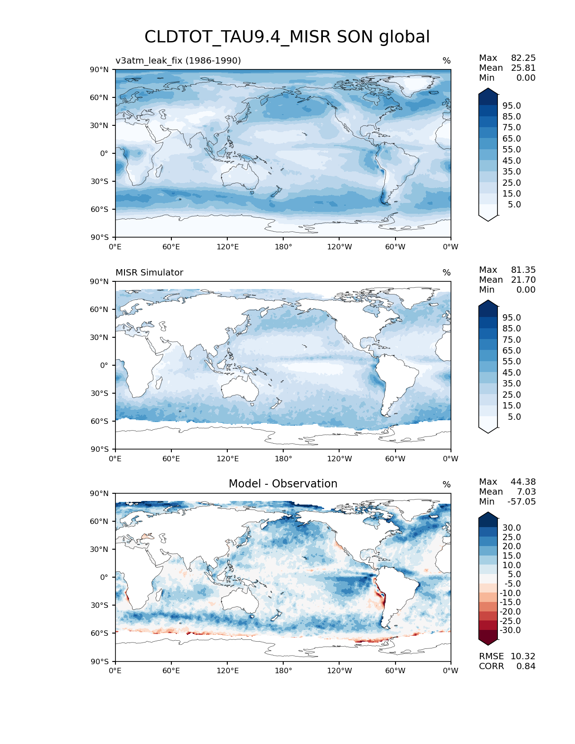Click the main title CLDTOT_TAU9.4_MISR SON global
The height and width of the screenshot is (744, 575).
(287, 37)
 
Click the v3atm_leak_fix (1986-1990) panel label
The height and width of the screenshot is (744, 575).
(178, 60)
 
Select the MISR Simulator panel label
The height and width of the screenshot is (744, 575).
(149, 272)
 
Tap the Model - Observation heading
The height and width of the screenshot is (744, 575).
(283, 484)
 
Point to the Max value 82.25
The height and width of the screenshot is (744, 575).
(523, 58)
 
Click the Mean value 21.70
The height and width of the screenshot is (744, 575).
(523, 280)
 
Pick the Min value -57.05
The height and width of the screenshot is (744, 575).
(521, 501)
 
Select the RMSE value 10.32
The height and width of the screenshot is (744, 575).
(523, 656)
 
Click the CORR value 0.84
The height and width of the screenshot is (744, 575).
(526, 666)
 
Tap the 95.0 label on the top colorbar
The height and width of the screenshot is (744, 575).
(511, 106)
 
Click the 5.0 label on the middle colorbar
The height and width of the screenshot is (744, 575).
(514, 417)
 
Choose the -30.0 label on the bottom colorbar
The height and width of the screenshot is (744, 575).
(510, 630)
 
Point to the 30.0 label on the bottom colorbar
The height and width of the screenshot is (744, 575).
(511, 528)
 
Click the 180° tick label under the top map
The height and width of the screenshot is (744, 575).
(283, 247)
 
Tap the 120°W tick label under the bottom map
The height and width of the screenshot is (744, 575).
(340, 671)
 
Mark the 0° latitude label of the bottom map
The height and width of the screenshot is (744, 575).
(104, 577)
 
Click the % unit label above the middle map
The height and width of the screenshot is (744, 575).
(446, 272)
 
